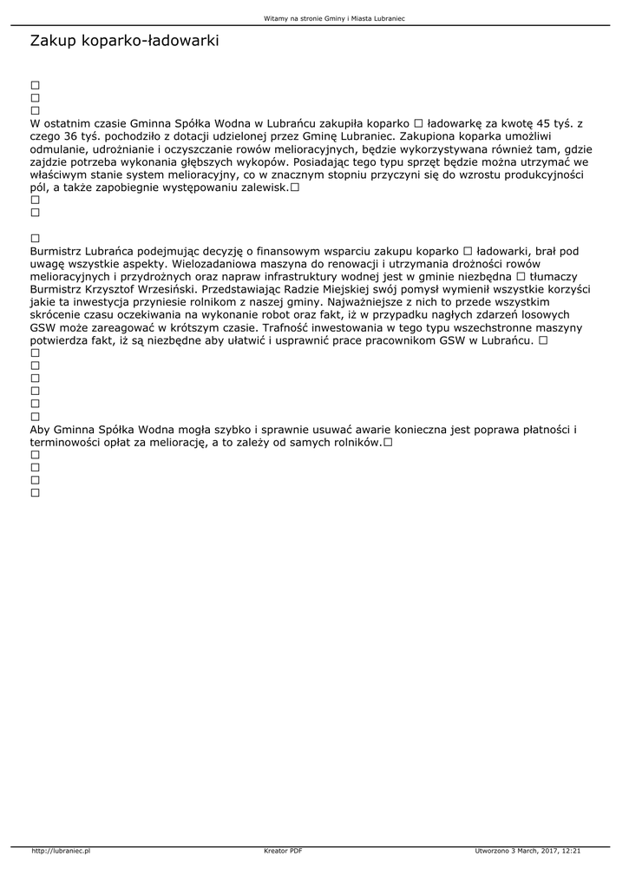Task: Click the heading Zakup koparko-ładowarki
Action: pyautogui.click(x=124, y=41)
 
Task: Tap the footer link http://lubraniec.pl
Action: pyautogui.click(x=61, y=851)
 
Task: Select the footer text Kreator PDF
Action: pyautogui.click(x=283, y=851)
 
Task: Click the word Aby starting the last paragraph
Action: pyautogui.click(x=41, y=430)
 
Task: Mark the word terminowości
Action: pyautogui.click(x=69, y=443)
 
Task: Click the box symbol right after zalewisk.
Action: pyautogui.click(x=295, y=188)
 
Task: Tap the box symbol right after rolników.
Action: pyautogui.click(x=388, y=443)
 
